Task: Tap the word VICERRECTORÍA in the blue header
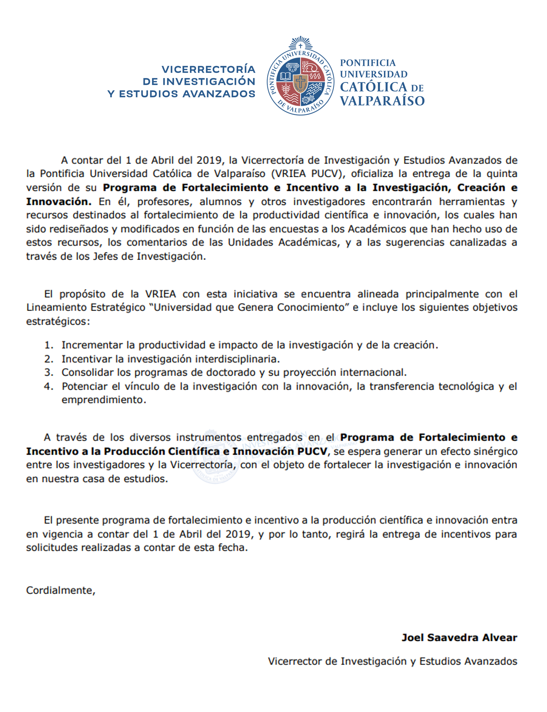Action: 208,69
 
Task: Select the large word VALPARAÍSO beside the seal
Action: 382,101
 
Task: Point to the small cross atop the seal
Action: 300,46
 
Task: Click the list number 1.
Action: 49,345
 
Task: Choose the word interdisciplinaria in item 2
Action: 237,359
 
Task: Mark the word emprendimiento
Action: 104,400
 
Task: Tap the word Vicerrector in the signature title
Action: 295,661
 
